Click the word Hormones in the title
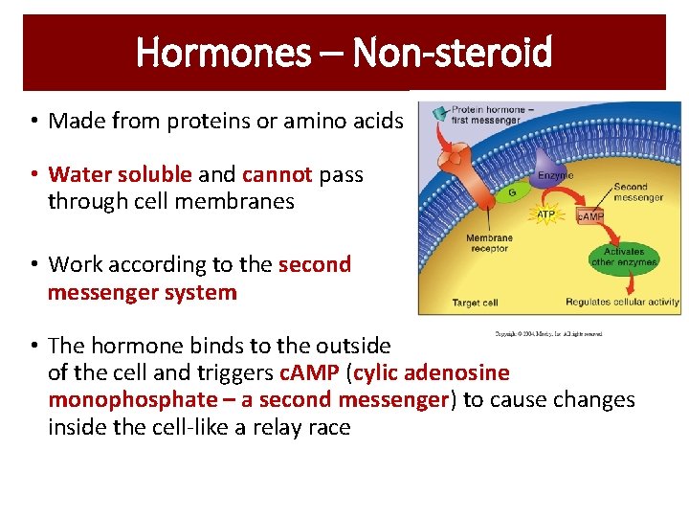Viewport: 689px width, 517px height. coord(222,53)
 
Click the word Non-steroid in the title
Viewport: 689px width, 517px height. coord(453,53)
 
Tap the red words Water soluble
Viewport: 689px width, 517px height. coord(121,174)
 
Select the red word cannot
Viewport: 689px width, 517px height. coord(278,174)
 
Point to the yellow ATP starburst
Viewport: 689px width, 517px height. coord(545,214)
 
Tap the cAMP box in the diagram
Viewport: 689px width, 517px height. coord(589,216)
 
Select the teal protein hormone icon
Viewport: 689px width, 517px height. coord(439,112)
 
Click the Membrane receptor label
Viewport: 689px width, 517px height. coord(489,244)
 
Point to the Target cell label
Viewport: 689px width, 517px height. coord(475,303)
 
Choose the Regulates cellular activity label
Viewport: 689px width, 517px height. coord(621,303)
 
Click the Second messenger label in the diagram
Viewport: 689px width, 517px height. coord(637,192)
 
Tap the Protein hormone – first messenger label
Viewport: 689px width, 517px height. coord(485,114)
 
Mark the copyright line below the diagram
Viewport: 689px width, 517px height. coord(547,334)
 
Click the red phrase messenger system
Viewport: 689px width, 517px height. coord(142,293)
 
